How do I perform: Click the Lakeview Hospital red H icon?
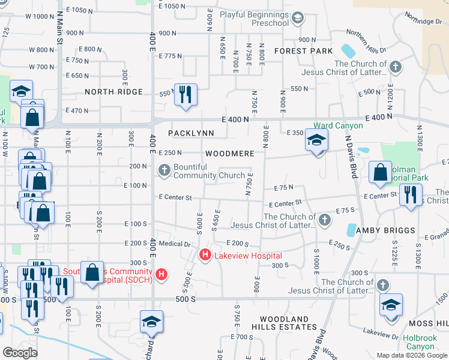coord(205,256)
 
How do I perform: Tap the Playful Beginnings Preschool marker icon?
coord(297,19)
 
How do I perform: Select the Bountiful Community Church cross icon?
coord(165,171)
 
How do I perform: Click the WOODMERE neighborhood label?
coord(229,154)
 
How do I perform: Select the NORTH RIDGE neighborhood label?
coord(113,92)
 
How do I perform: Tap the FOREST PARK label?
coord(303,51)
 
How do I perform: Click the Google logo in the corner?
coord(20,353)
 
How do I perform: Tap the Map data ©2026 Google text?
coord(411,355)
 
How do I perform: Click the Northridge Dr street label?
coord(423,21)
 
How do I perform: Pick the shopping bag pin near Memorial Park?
coord(381,172)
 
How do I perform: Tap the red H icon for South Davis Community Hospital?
coord(161,275)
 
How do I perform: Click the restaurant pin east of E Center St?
coord(411,196)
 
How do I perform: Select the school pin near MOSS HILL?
coord(391,305)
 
